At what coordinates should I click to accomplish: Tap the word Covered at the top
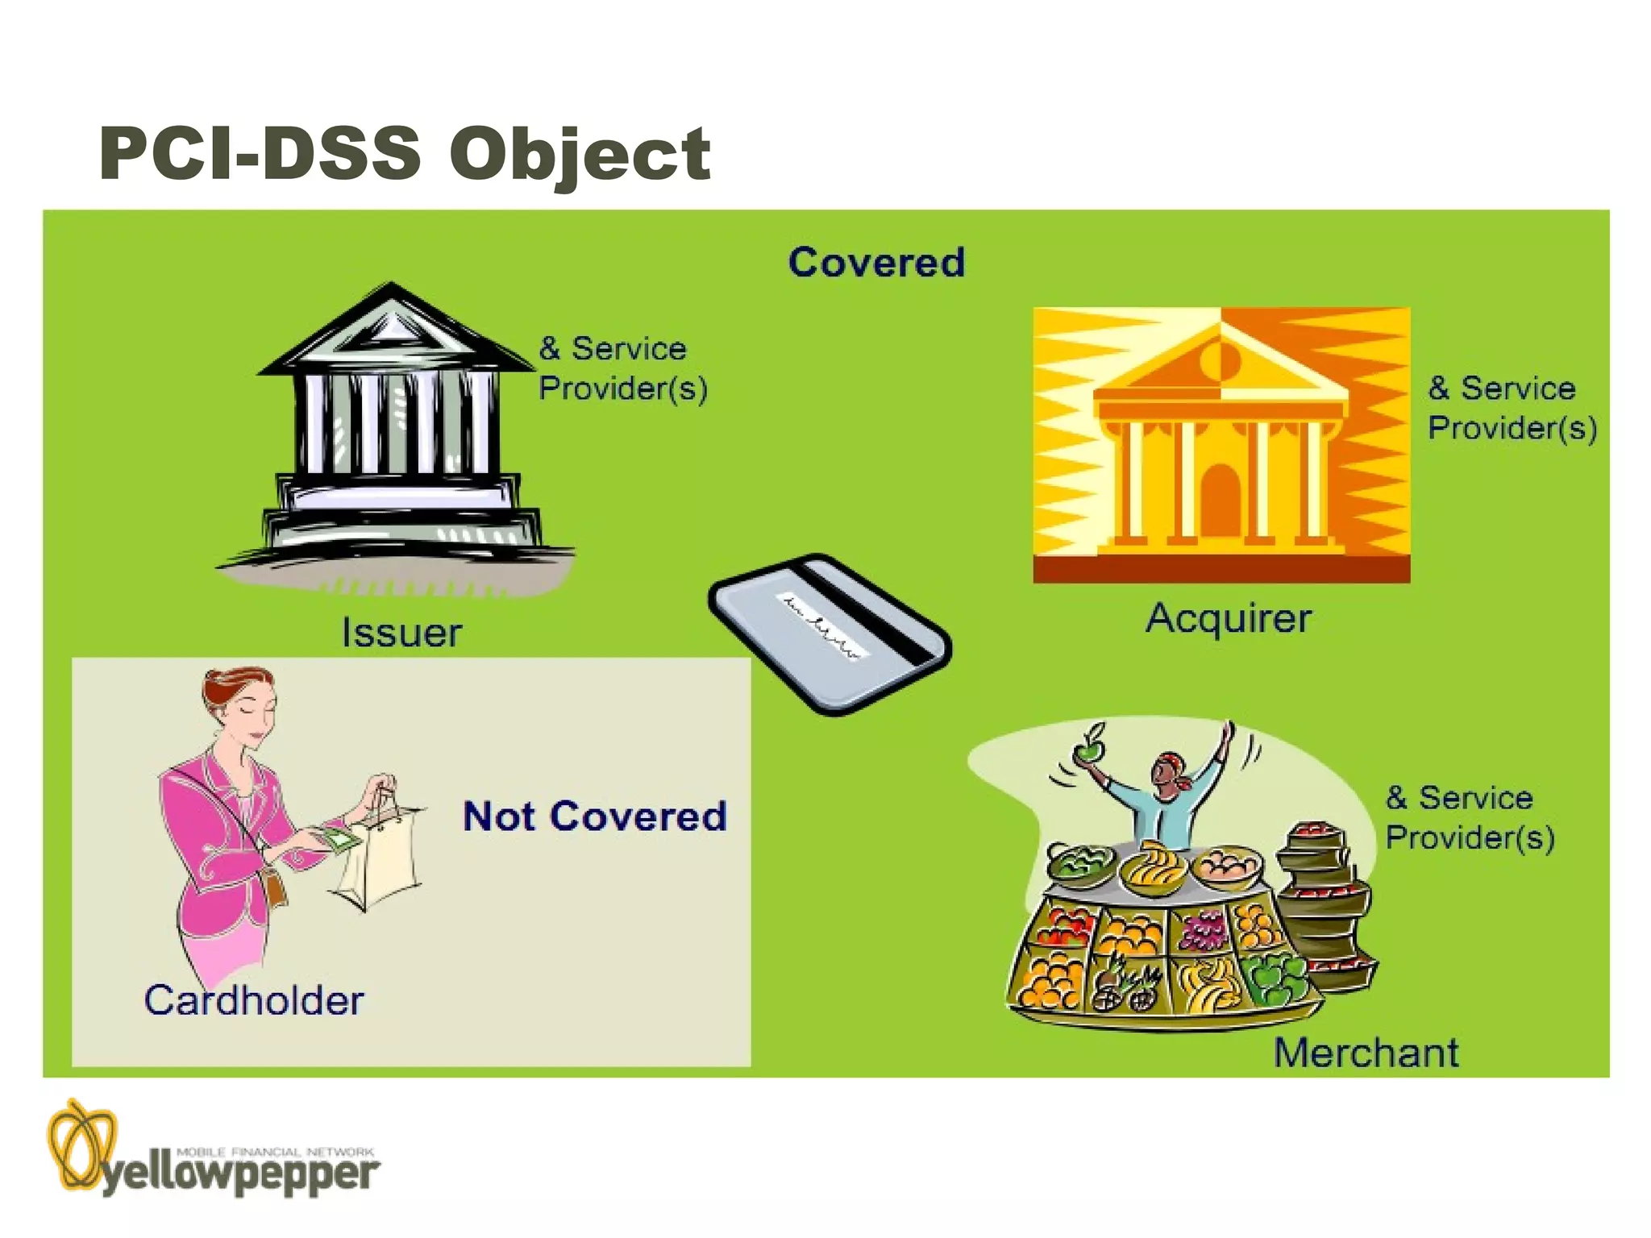pos(876,263)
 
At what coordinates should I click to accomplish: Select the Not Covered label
pos(595,816)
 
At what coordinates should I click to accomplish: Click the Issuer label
pos(401,633)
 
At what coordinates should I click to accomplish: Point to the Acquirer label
pos(1229,619)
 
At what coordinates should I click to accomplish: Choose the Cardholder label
pos(254,1000)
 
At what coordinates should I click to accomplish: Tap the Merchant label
pos(1366,1053)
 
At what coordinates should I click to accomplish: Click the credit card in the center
pos(830,634)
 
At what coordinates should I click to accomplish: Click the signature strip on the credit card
pos(822,625)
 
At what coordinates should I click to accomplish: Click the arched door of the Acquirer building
pos(1221,500)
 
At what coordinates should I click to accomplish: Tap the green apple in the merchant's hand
pos(1089,750)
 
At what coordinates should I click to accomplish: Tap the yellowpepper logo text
pos(240,1175)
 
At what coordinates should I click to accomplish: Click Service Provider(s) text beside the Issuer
pos(622,368)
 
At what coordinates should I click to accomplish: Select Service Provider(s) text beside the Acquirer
pos(1512,408)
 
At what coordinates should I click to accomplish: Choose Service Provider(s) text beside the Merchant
pos(1469,817)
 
